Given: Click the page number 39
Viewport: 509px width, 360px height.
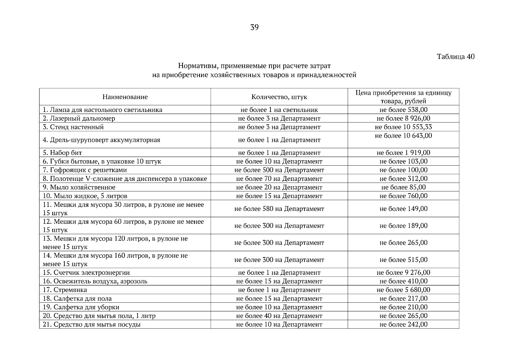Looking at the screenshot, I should [x=254, y=28].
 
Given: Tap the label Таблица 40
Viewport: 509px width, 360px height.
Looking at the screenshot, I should [x=456, y=56].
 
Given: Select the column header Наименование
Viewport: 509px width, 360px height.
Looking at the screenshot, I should [x=125, y=97].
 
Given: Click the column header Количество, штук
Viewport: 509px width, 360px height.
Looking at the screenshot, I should [x=279, y=97].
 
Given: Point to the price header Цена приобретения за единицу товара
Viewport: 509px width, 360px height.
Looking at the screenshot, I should [x=403, y=97].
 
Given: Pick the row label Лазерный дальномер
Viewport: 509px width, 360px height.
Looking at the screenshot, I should [x=79, y=118].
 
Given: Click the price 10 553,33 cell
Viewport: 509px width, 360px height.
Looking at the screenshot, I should [x=403, y=127].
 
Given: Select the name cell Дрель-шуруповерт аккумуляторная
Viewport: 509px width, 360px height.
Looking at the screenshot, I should [x=101, y=140].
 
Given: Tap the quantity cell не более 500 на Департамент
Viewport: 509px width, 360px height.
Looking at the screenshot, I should [x=279, y=170].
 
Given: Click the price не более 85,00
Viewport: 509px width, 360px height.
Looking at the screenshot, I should [x=403, y=187].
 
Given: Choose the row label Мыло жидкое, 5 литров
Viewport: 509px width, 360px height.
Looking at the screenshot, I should [x=85, y=196].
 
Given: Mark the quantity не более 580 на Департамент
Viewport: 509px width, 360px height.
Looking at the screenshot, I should [x=279, y=208].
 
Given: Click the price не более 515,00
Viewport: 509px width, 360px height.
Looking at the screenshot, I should [x=403, y=260].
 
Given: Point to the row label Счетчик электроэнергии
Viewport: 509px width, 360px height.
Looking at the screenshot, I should [x=86, y=273].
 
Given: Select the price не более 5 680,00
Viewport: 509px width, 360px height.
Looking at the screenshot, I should [x=403, y=290].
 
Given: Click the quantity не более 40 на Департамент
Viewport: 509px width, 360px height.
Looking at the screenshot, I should [x=279, y=316].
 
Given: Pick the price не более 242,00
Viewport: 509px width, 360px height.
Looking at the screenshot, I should [x=403, y=324].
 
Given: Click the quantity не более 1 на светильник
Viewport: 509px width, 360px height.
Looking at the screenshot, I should [x=279, y=110].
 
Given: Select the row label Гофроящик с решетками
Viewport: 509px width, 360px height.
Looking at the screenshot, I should [x=85, y=170].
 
